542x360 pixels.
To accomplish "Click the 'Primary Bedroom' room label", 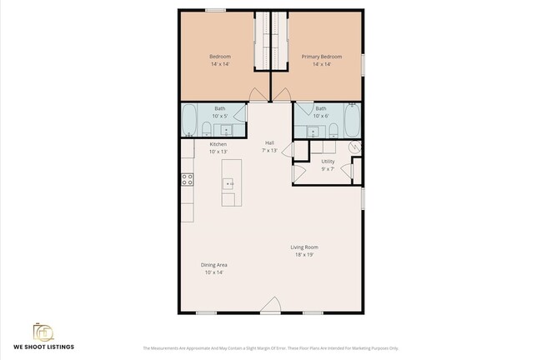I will [x=316, y=57].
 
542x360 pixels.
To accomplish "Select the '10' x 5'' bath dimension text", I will [x=219, y=116].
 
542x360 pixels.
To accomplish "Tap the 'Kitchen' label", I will [x=218, y=144].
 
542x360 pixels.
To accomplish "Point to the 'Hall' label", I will [x=269, y=142].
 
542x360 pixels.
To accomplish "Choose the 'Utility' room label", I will [x=328, y=161].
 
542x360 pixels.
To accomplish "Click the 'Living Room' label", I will [x=304, y=247].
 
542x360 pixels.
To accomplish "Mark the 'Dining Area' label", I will [x=214, y=265].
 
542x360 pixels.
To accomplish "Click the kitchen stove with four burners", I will [x=188, y=178].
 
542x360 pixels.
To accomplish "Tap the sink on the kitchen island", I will [x=228, y=182].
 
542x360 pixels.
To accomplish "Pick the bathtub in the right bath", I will [x=353, y=121].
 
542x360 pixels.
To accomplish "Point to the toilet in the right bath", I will [x=333, y=129].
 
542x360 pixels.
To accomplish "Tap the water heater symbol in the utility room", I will [x=355, y=147].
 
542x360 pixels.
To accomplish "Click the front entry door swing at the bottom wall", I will [x=270, y=309].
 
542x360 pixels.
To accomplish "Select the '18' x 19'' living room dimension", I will [x=304, y=255].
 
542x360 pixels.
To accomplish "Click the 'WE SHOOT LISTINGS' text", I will [x=43, y=346].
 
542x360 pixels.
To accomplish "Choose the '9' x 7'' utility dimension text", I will [x=328, y=168].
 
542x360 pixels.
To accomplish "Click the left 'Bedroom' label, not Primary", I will [x=219, y=57].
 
